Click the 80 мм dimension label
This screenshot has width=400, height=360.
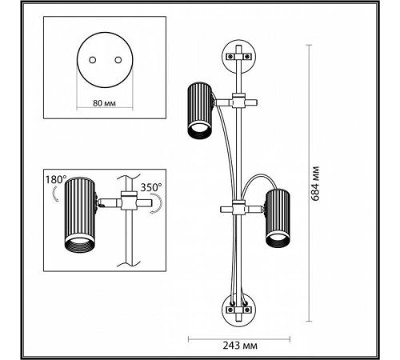click(x=104, y=103)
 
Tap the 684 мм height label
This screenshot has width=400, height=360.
click(x=315, y=183)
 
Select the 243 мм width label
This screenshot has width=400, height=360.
click(x=240, y=346)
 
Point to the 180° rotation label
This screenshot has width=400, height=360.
click(x=55, y=180)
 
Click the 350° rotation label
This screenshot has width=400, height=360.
click(x=151, y=187)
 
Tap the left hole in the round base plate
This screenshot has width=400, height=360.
click(x=93, y=60)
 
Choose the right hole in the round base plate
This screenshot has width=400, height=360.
click(x=118, y=60)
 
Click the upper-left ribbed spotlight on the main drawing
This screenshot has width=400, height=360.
click(x=200, y=110)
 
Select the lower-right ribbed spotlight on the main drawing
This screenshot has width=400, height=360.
click(x=278, y=218)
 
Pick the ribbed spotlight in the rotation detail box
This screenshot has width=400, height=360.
click(x=80, y=214)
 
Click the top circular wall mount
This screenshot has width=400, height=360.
click(x=239, y=57)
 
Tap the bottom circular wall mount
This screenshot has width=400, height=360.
click(x=239, y=310)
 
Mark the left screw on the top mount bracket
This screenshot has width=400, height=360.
click(x=230, y=57)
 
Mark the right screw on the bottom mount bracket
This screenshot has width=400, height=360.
click(x=248, y=310)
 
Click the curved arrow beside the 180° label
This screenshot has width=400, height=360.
click(x=55, y=194)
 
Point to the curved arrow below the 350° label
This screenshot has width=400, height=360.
click(x=157, y=204)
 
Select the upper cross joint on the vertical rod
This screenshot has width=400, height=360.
click(x=238, y=101)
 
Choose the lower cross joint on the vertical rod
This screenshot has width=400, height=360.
click(x=238, y=208)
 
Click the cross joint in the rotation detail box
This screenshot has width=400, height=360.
click(x=129, y=201)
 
